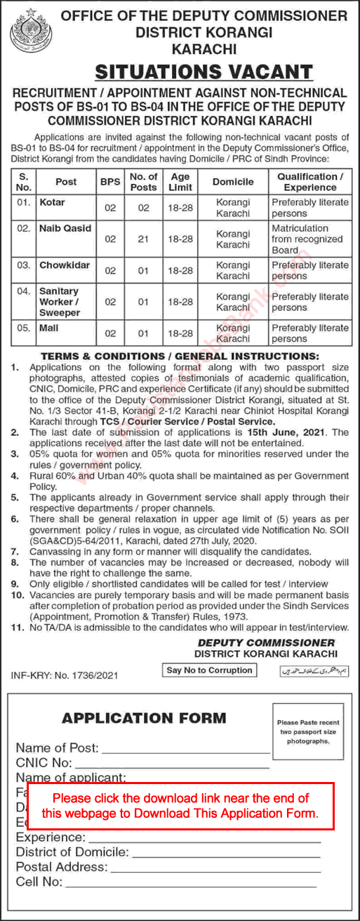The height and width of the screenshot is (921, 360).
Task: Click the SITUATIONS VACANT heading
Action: coord(204,72)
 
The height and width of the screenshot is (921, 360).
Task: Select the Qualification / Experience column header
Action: coord(309,182)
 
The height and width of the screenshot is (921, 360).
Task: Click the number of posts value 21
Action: coord(144,239)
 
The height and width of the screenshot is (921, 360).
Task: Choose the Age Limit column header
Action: coord(180,182)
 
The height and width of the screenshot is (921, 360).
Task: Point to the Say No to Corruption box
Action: coord(209,670)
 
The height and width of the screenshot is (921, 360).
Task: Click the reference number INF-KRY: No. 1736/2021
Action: coord(65,675)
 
